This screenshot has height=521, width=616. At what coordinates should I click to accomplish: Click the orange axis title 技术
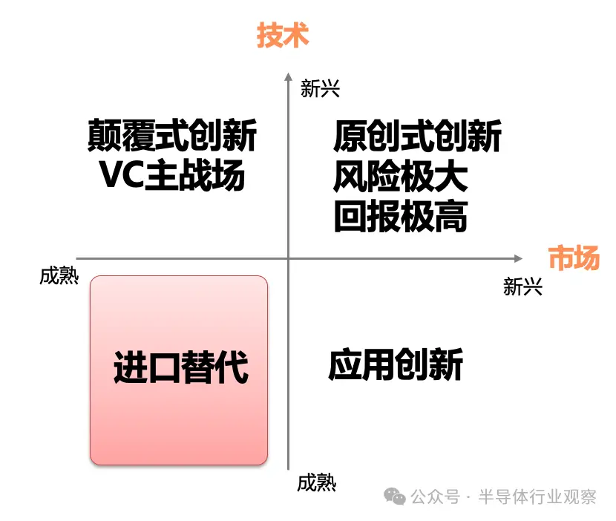point(283,36)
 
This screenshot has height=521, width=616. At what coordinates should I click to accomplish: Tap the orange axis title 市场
point(574,258)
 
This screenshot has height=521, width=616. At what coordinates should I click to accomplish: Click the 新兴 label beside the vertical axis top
point(320,88)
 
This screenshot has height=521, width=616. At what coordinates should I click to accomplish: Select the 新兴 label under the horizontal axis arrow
point(522,286)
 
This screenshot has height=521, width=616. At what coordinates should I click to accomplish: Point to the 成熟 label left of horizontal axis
point(59,275)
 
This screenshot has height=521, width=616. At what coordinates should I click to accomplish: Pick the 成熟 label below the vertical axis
point(317,483)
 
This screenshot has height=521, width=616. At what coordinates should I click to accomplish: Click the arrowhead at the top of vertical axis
point(289,76)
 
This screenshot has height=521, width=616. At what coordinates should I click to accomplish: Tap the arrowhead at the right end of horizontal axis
point(518,258)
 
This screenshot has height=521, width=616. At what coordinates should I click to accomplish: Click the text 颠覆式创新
point(172,135)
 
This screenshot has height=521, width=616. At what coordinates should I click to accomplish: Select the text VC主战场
point(172,175)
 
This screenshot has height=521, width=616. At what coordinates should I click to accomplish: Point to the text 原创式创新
point(417,136)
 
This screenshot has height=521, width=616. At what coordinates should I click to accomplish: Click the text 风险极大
point(400,176)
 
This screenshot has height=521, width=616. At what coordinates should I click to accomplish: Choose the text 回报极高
point(401,216)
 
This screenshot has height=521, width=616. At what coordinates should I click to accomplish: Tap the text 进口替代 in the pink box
point(180,367)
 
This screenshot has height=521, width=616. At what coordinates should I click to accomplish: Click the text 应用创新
point(396,364)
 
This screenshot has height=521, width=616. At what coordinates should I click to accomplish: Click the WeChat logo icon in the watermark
point(395,497)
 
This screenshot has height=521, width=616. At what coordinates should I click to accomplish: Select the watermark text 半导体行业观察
point(537,497)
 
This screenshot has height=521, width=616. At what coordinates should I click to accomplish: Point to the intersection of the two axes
point(289,258)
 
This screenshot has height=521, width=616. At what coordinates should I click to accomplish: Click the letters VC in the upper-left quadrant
point(122,175)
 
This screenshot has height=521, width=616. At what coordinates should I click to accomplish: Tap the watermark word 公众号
point(436,497)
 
